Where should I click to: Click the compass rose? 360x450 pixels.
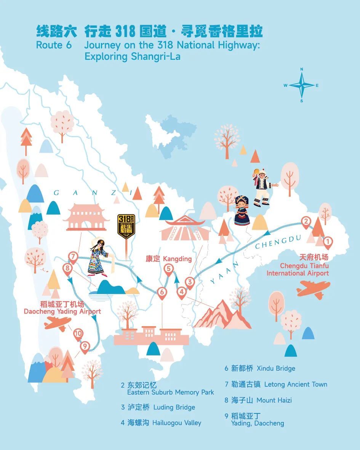pyautogui.click(x=301, y=85)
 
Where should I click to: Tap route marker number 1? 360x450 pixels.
pyautogui.click(x=327, y=242)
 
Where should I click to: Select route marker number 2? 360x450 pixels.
pyautogui.click(x=306, y=221)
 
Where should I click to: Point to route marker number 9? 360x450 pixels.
pyautogui.click(x=85, y=346)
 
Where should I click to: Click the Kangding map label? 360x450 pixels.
pyautogui.click(x=168, y=259)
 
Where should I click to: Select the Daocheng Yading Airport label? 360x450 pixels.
pyautogui.click(x=62, y=308)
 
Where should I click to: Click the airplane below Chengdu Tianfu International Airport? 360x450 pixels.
pyautogui.click(x=313, y=289)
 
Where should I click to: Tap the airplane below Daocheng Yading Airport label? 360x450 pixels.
pyautogui.click(x=58, y=323)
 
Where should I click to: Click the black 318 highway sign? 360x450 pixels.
pyautogui.click(x=126, y=226)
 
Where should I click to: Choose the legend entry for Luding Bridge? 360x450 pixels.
pyautogui.click(x=158, y=407)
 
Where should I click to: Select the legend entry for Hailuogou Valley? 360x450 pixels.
pyautogui.click(x=161, y=423)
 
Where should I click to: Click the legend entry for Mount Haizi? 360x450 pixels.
pyautogui.click(x=258, y=400)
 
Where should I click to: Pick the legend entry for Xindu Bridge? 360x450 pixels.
pyautogui.click(x=260, y=368)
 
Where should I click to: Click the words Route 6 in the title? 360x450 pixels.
pyautogui.click(x=54, y=45)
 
